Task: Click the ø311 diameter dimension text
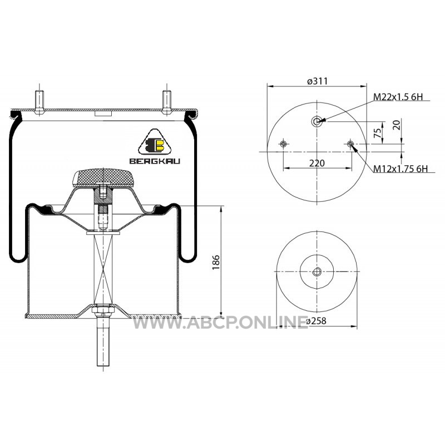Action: click(317, 81)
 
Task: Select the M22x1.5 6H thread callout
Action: click(398, 97)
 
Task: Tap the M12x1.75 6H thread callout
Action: click(400, 169)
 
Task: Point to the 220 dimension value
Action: click(317, 163)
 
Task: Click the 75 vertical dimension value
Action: click(378, 133)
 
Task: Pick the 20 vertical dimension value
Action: click(397, 125)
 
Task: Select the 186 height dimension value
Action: click(216, 262)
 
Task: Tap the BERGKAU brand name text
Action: click(155, 161)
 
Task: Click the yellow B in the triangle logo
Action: click(159, 145)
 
